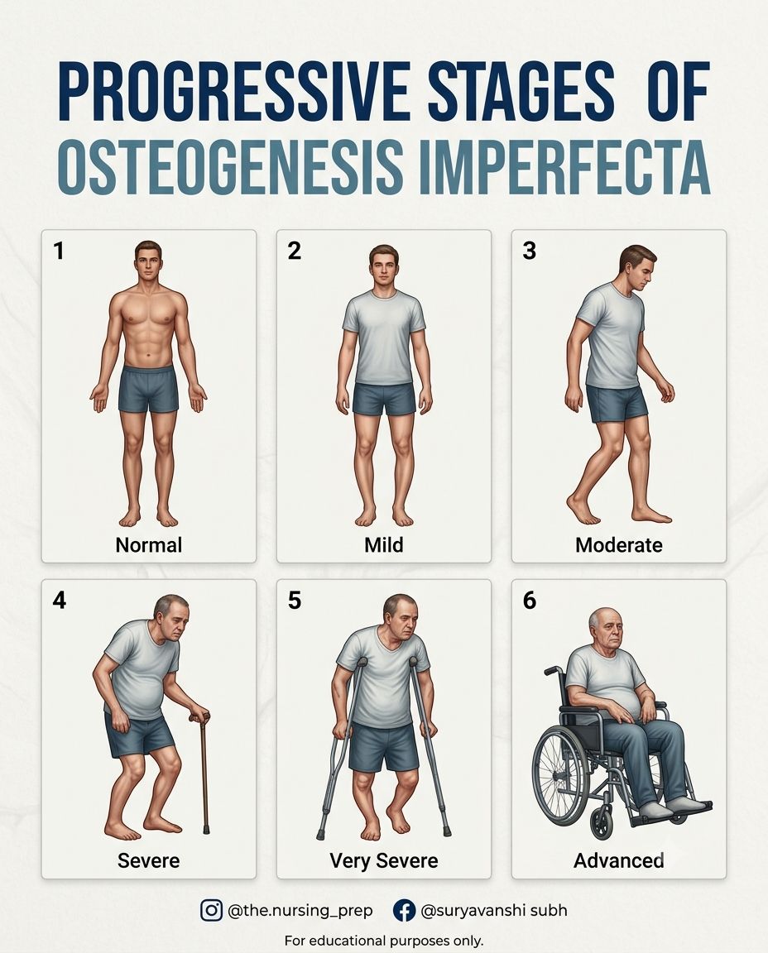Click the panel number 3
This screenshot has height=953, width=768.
click(x=529, y=251)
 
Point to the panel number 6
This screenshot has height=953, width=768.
click(x=529, y=601)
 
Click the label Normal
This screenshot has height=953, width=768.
click(x=148, y=544)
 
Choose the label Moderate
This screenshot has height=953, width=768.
click(x=618, y=544)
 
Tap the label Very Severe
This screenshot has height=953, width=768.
click(x=384, y=860)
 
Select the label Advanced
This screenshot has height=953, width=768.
click(x=618, y=860)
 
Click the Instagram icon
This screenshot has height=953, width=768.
click(x=211, y=911)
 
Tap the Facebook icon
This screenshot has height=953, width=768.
click(x=405, y=911)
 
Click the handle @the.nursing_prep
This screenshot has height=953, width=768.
click(x=300, y=911)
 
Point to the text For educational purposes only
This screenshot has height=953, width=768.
click(x=384, y=941)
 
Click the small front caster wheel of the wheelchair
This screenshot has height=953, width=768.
click(x=603, y=826)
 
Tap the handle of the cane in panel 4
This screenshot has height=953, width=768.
click(x=200, y=716)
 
